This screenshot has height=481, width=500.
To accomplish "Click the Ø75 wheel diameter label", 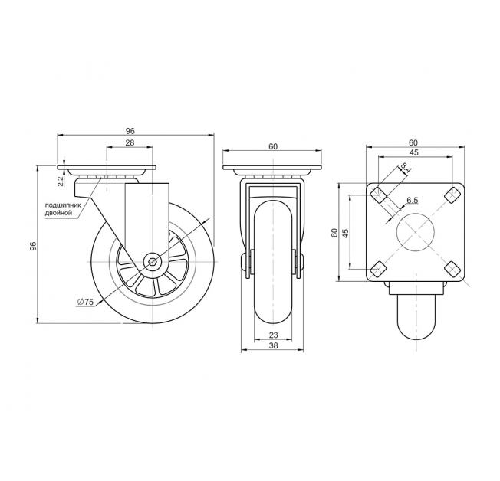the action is pyautogui.click(x=85, y=302).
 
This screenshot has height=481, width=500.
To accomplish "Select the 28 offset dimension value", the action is pyautogui.click(x=130, y=142).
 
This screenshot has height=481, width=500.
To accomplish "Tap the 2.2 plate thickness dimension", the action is pyautogui.click(x=61, y=182).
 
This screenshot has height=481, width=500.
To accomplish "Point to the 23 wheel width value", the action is pyautogui.click(x=273, y=335).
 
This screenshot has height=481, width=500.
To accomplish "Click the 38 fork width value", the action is pyautogui.click(x=273, y=345).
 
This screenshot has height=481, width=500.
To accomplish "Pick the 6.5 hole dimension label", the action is pyautogui.click(x=412, y=201).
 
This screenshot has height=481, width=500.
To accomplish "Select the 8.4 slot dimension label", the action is pyautogui.click(x=405, y=169).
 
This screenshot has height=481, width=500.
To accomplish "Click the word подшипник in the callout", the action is pyautogui.click(x=63, y=205).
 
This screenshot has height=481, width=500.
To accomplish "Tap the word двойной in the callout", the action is pyautogui.click(x=59, y=213).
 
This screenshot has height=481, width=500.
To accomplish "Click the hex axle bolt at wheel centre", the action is pyautogui.click(x=153, y=262).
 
